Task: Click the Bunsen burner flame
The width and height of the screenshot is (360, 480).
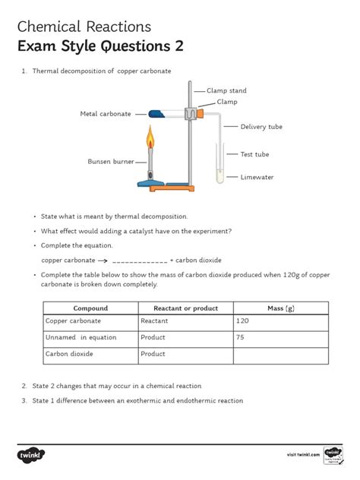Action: click(150, 137)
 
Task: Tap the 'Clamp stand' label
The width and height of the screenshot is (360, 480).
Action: click(226, 90)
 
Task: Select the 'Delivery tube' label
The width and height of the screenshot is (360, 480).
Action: click(261, 127)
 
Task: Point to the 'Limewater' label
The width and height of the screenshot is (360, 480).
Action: click(257, 177)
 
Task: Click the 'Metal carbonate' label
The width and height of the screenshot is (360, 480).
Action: click(106, 114)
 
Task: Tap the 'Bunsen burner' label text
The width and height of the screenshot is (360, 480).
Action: click(111, 161)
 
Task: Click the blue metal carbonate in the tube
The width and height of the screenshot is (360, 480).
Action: click(156, 114)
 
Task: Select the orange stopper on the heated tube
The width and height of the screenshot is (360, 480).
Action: click(201, 114)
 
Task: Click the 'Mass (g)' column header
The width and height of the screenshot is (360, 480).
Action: click(281, 308)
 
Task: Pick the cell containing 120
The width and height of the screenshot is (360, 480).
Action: click(281, 323)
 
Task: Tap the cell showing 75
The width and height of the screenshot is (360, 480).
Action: click(281, 339)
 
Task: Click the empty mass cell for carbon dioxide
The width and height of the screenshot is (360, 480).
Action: click(281, 355)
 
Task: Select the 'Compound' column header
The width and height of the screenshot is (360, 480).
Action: click(90, 308)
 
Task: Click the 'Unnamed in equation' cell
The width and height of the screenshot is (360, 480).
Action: click(90, 339)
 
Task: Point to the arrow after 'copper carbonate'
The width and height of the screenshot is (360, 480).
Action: click(103, 261)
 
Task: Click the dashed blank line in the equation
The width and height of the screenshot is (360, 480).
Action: click(140, 262)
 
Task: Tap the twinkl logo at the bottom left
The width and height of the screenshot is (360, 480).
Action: click(31, 455)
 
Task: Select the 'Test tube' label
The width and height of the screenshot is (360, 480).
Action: click(254, 154)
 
